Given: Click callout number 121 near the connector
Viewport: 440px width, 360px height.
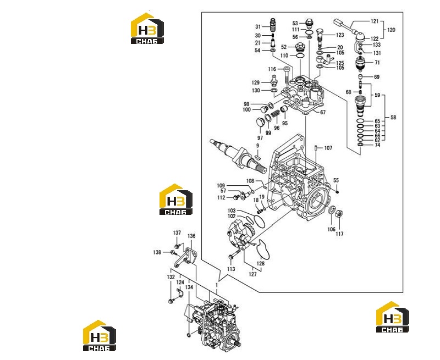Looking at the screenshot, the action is [375, 21].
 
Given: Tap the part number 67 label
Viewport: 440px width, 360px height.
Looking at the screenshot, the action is [323, 112].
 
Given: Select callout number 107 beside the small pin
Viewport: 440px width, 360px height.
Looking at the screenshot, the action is [328, 148].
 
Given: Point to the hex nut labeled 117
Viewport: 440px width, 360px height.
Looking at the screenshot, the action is [339, 214].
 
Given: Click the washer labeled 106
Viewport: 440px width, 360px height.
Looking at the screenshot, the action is [332, 209].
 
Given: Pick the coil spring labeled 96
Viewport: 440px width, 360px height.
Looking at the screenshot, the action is [276, 114].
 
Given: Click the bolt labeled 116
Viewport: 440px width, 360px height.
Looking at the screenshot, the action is [287, 76].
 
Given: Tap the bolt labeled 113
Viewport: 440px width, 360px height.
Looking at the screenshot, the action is [234, 254].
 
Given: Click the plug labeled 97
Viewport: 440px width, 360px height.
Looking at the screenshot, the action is [260, 123].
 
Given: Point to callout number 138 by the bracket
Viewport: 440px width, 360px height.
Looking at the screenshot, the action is [157, 252].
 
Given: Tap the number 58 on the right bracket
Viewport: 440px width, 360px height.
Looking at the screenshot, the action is [393, 118].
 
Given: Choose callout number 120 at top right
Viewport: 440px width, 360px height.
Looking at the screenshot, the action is [391, 30].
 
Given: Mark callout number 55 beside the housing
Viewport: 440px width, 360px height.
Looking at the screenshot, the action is [336, 180].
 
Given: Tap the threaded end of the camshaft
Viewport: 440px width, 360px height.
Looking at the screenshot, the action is [261, 168].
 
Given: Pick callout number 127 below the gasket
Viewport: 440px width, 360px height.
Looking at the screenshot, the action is [252, 274].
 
